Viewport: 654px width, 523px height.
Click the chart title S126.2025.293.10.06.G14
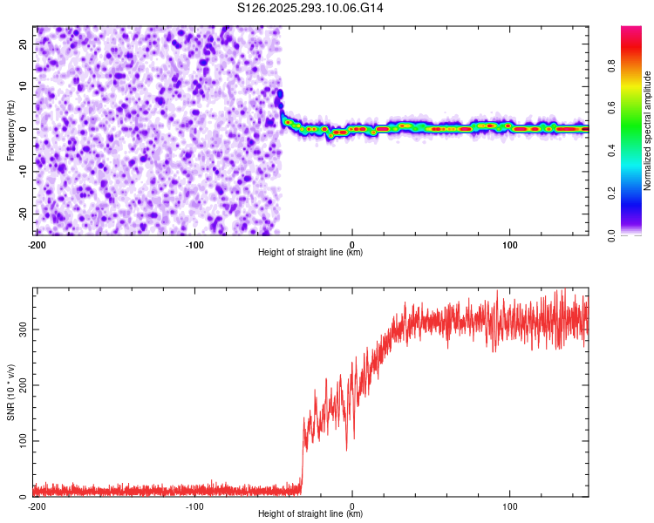(311, 8)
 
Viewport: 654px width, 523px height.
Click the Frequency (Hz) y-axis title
(10, 129)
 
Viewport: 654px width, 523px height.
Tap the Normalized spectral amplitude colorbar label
(648, 132)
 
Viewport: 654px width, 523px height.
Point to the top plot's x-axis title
(310, 253)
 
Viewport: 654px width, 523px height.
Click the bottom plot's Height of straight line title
(310, 514)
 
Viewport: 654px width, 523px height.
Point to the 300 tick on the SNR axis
(21, 329)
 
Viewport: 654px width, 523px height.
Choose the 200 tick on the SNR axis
(21, 384)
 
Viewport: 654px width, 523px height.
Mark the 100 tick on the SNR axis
(21, 441)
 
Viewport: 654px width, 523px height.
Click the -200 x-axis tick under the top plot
(37, 244)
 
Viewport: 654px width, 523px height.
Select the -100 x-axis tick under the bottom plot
(194, 506)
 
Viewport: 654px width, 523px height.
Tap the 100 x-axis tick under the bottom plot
(510, 506)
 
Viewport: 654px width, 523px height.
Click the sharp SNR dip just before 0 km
(347, 450)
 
